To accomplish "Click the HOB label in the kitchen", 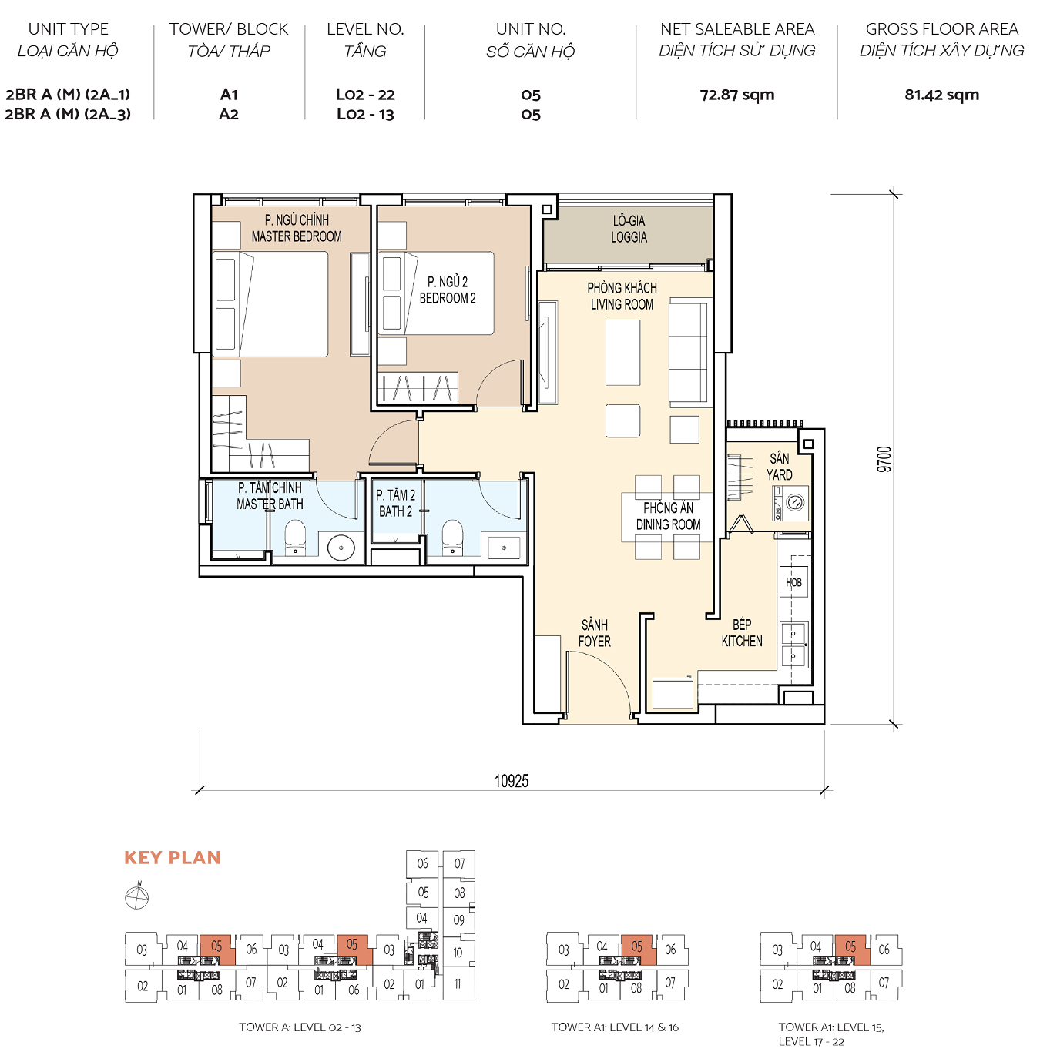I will (793, 583).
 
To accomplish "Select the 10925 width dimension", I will (512, 781).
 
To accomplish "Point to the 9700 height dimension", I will (884, 459).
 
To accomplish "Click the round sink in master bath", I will (341, 548).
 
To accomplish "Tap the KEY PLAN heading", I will (173, 858).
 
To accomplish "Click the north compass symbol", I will (137, 897).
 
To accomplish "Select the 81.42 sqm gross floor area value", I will (941, 95).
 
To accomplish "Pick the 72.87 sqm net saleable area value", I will (737, 95).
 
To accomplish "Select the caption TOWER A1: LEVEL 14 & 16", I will (615, 1027).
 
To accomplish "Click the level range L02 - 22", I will (365, 95).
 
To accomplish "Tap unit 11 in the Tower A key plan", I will (458, 983).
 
